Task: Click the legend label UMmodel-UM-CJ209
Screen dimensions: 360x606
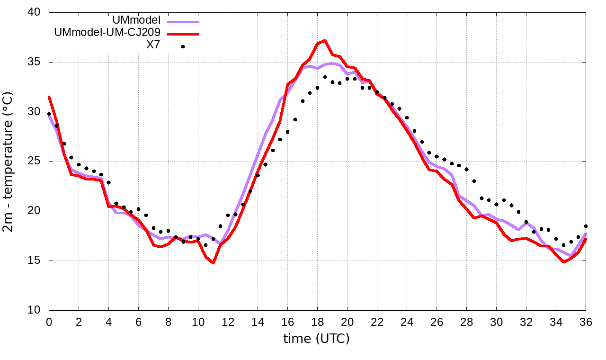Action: coord(107,33)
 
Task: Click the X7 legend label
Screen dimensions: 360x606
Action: coord(153,45)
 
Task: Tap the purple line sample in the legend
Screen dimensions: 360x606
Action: coord(183,21)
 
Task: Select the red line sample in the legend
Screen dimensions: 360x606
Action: coord(183,34)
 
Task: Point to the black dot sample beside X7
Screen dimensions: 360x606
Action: coord(183,46)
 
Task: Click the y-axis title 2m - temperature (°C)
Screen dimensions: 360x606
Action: coord(9,161)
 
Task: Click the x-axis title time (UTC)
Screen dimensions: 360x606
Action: coord(316,339)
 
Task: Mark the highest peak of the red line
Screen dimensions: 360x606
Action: coord(325,41)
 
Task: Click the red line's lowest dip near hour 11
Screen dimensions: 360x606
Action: coord(214,262)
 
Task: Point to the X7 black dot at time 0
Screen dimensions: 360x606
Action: coord(49,114)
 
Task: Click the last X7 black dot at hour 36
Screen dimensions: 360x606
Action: coord(586,226)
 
